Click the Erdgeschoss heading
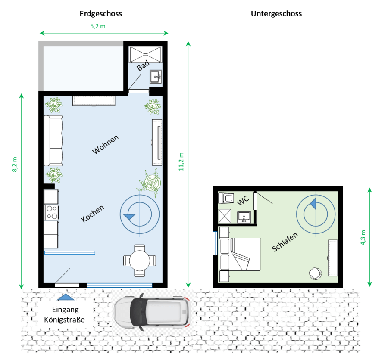pos(101,14)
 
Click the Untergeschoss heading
pos(276,14)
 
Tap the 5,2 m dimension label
pos(98,26)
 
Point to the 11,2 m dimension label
pos(181,161)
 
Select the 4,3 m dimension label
pos(363,238)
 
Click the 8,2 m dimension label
pos(15,164)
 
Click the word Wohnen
pos(106,144)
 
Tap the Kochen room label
pos(93,214)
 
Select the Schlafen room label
pos(285,242)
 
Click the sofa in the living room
pos(53,140)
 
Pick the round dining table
pos(140,261)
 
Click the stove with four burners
pos(51,212)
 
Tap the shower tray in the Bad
pos(146,54)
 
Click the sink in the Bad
pos(156,77)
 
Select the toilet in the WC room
pos(226,198)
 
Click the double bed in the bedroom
pos(240,254)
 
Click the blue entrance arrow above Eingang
pos(66,297)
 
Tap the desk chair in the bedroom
pos(316,274)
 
